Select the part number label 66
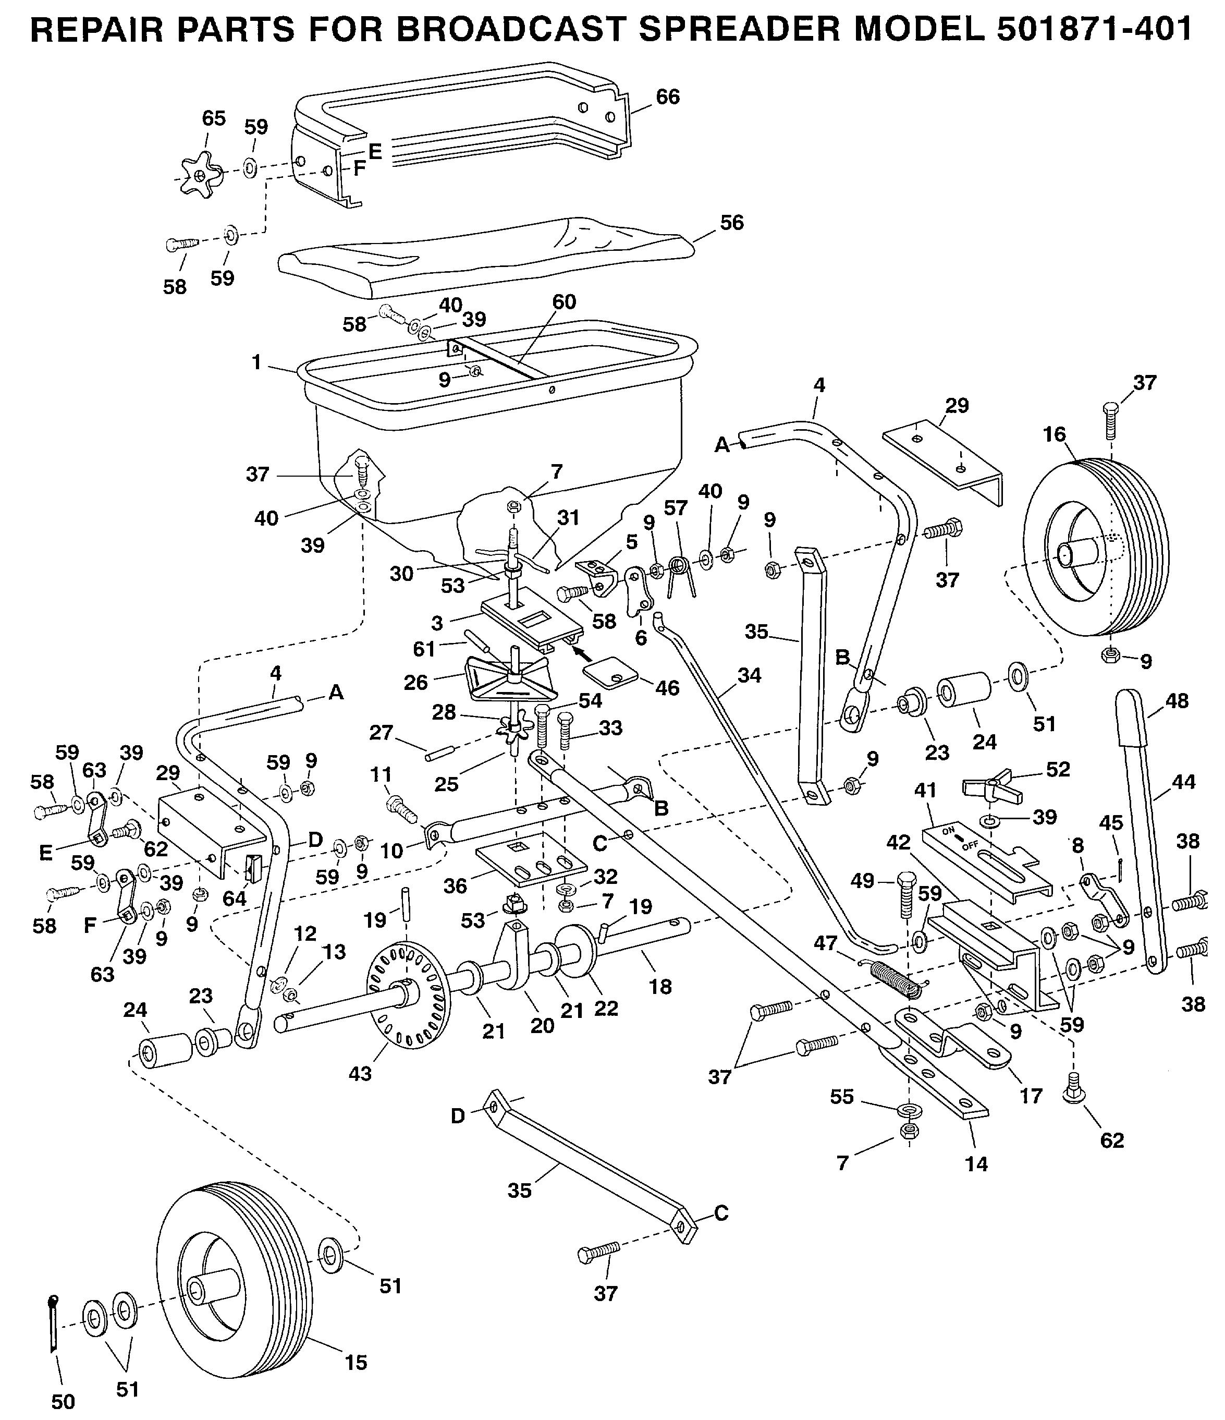coord(667,96)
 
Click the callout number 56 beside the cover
coord(732,223)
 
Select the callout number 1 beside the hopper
coord(256,362)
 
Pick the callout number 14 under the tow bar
coord(976,1163)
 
